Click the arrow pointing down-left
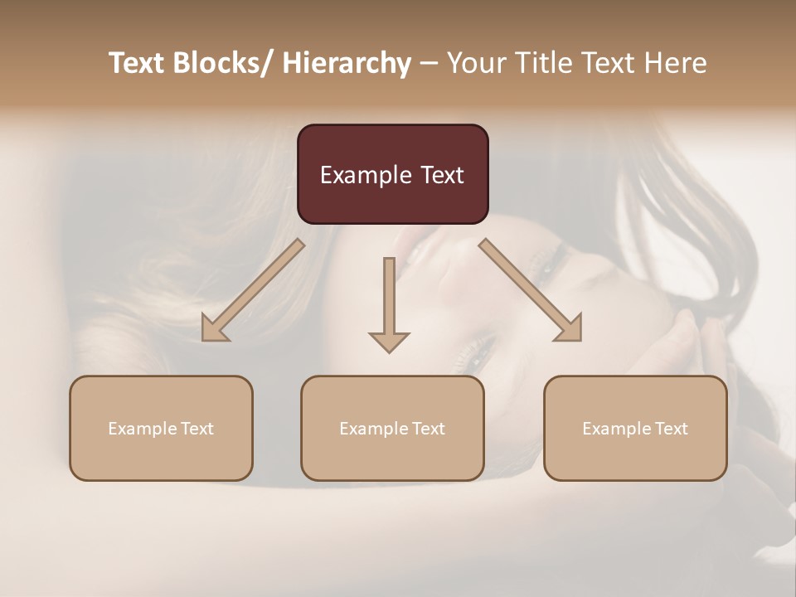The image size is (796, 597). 254,289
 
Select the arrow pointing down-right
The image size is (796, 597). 531,289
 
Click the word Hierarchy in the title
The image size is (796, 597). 346,64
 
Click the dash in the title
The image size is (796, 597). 429,64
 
